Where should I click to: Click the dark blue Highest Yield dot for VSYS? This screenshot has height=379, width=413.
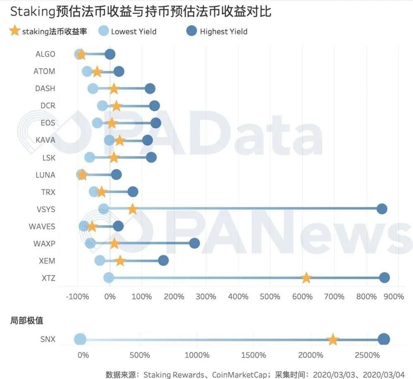click(x=382, y=209)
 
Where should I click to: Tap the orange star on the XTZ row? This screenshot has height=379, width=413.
click(x=306, y=278)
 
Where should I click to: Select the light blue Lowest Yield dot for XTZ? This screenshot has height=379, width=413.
click(x=109, y=278)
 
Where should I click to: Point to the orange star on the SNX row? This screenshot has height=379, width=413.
click(x=333, y=340)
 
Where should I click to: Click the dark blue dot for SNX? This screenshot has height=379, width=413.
click(x=384, y=340)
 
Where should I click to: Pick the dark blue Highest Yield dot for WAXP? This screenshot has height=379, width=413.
click(x=195, y=243)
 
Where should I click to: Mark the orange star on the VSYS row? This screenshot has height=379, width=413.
click(x=133, y=209)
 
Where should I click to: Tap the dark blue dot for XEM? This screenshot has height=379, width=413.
click(x=164, y=260)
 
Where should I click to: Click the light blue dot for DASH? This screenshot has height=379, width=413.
click(x=93, y=89)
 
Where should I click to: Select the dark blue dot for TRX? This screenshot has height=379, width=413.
click(x=133, y=192)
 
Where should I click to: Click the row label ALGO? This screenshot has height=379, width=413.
click(x=45, y=54)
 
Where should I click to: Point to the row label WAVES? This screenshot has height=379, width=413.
click(x=42, y=226)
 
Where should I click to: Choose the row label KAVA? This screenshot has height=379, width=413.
click(x=45, y=140)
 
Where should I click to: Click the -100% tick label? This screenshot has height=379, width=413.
click(x=78, y=296)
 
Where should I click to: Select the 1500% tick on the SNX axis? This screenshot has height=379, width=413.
click(x=253, y=355)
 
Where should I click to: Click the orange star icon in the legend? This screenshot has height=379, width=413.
click(x=14, y=31)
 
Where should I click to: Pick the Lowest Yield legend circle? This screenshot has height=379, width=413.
click(x=104, y=31)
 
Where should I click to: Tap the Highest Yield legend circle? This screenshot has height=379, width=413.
click(x=192, y=31)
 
